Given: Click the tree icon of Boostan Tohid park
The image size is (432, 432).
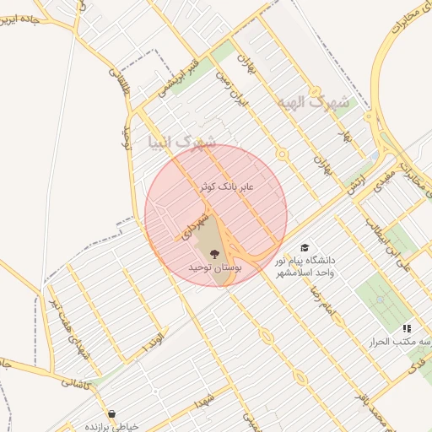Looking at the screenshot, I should point(212,252).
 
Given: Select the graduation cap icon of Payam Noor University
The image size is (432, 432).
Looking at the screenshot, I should point(304,248).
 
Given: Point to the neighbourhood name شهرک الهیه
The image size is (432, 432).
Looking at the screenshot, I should point(311,103).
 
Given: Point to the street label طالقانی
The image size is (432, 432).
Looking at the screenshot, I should point(120,84).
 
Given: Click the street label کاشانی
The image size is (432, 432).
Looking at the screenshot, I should point(81,382).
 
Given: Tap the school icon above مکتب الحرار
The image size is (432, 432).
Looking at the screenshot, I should point(407,328).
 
